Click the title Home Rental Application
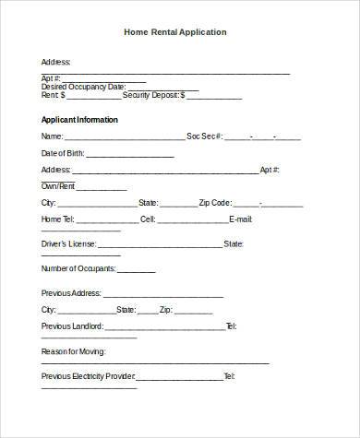175,32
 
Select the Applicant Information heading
79,120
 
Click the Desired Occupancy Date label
82,87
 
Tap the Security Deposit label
154,95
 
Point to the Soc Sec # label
204,136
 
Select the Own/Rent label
59,186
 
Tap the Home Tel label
58,220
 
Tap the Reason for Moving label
74,352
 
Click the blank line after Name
124,138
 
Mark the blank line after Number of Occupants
137,271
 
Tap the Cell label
148,220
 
